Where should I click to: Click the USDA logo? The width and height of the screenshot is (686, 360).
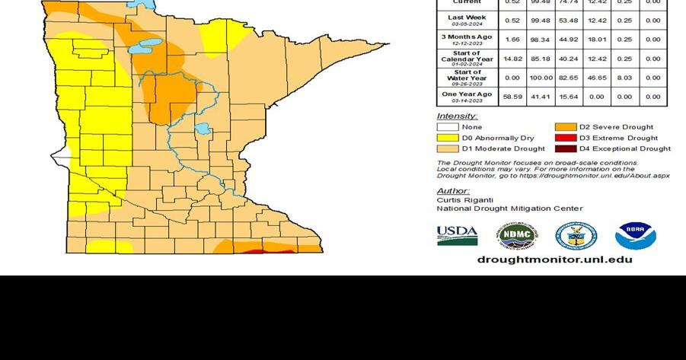tap(457, 236)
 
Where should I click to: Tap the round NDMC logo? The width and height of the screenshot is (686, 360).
tap(517, 236)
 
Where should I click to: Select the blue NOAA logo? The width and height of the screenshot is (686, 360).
tap(635, 236)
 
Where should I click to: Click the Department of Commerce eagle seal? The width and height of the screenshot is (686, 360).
tap(576, 236)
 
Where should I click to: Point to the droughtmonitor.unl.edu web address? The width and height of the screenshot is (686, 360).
tap(554, 260)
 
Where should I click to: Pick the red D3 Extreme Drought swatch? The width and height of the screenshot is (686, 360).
tap(565, 138)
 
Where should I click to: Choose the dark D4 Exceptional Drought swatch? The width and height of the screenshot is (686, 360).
tap(565, 148)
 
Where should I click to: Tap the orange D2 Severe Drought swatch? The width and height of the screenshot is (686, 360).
tap(565, 127)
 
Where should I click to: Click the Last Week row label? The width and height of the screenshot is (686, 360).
tap(467, 20)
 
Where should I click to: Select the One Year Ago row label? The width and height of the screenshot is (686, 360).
tap(467, 97)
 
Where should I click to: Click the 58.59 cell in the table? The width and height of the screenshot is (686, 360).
tap(512, 97)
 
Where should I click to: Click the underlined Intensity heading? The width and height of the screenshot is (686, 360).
tap(457, 116)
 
